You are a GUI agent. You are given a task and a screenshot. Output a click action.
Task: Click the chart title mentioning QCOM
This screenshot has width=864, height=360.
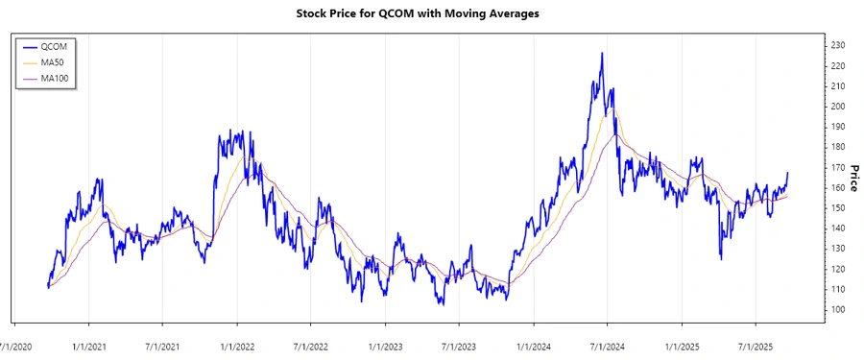coord(431,14)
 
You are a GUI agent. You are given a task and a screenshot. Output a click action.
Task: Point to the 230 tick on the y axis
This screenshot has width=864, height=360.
coord(838,45)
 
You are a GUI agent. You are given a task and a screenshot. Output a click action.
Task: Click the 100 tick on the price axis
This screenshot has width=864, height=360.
coord(838,309)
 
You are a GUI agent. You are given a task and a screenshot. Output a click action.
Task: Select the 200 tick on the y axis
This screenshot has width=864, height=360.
coord(838,106)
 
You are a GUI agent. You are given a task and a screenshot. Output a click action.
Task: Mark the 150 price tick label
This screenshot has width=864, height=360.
coord(838,207)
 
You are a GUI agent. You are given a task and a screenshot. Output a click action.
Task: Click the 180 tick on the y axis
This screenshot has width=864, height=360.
coord(838,147)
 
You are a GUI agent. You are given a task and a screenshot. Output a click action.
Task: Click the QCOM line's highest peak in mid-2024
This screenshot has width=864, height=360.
coord(602,54)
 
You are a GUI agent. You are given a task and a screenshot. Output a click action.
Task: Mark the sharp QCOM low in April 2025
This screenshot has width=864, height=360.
coord(721,258)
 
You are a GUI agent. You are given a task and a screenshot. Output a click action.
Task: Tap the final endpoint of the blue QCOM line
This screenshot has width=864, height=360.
coord(788,173)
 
